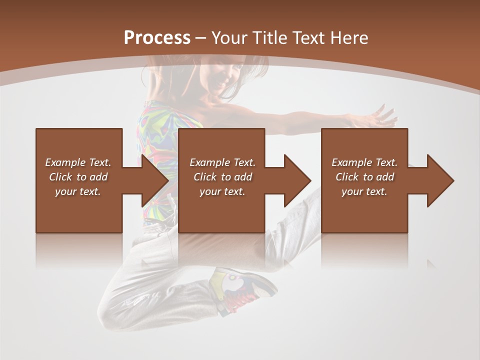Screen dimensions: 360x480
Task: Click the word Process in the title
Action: [x=157, y=38]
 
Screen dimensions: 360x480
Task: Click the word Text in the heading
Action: [x=309, y=38]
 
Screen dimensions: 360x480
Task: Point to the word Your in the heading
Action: [x=229, y=38]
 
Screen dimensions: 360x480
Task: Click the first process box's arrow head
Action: [x=155, y=180]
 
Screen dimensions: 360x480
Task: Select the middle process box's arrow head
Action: [x=297, y=180]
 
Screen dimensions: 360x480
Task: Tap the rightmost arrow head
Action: [x=440, y=180]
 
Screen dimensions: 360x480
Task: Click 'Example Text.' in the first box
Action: [x=78, y=162]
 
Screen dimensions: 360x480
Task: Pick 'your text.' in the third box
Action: [x=364, y=191]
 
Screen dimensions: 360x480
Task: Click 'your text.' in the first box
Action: [x=78, y=191]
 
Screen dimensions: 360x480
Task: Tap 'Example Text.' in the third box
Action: [x=364, y=162]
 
